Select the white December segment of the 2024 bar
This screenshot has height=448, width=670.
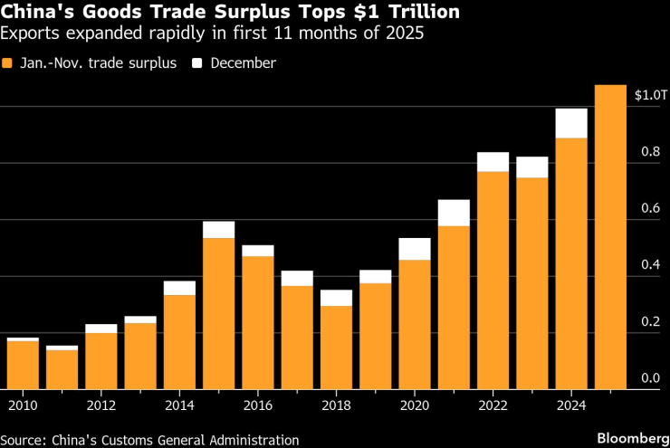(571, 123)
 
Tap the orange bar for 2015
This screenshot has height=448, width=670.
(218, 313)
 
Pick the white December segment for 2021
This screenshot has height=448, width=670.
(454, 213)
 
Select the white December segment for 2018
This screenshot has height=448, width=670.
(336, 298)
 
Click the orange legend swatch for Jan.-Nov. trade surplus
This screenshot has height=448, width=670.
(9, 63)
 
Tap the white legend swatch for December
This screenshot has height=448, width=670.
(196, 63)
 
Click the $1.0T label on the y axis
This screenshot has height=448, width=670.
(650, 95)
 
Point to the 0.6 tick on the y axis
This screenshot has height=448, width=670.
(650, 208)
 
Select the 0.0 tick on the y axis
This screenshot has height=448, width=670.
(650, 378)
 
